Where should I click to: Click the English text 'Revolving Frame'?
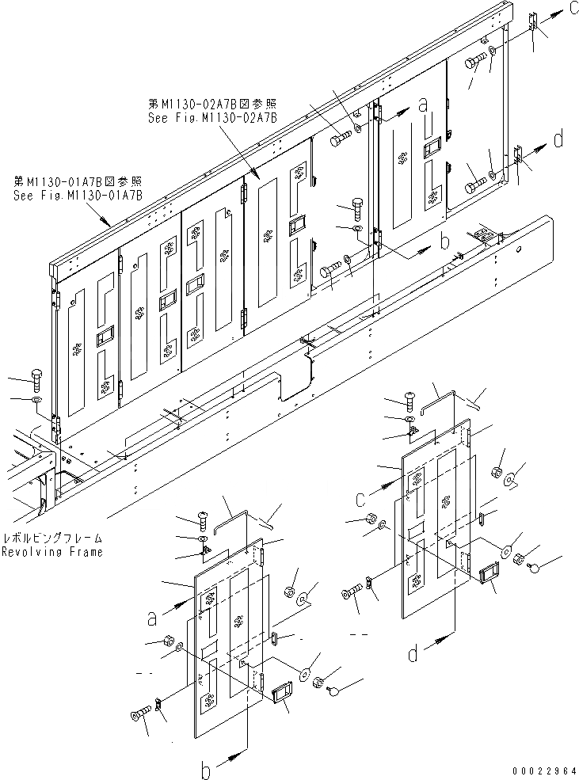[51, 552]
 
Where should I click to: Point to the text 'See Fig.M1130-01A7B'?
[78, 195]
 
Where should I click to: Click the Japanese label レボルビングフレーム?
[52, 537]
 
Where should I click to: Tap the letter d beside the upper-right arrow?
[559, 139]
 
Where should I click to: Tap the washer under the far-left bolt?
[36, 401]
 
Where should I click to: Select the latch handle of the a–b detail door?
[282, 693]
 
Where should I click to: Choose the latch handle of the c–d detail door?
[486, 571]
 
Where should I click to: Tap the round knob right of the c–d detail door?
[535, 567]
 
